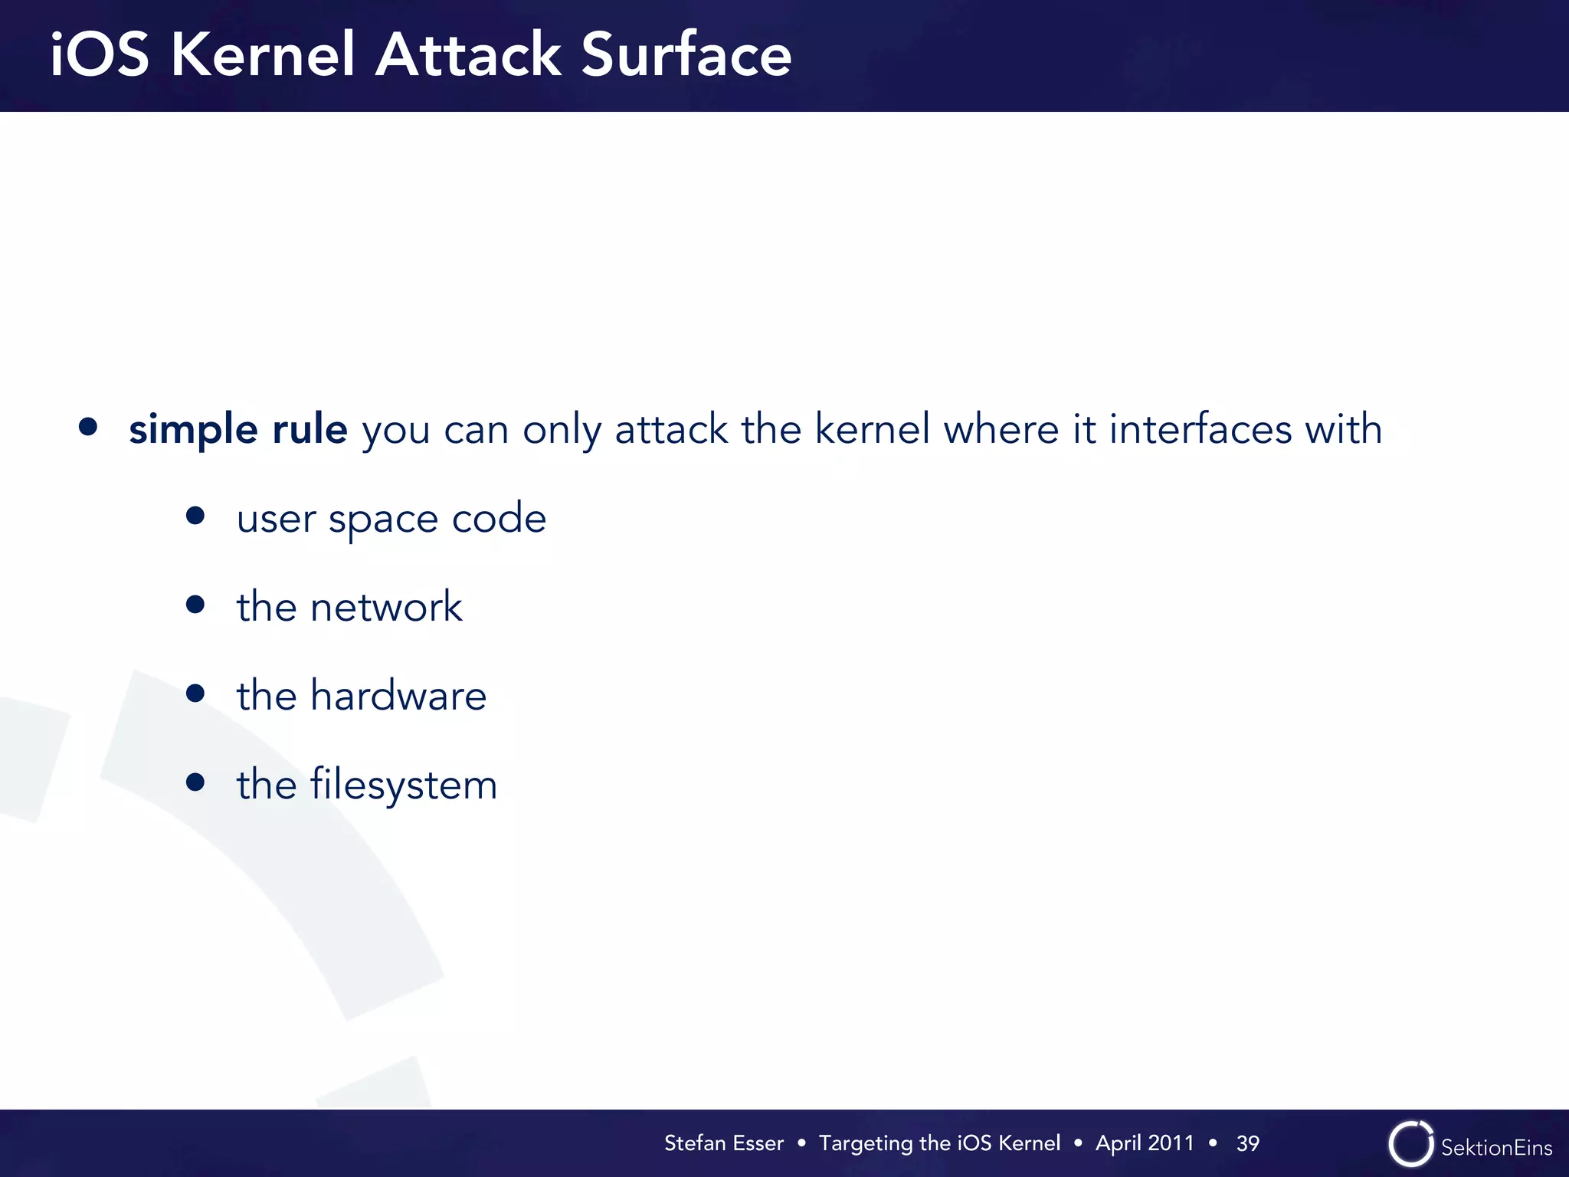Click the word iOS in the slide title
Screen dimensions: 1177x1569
click(x=100, y=55)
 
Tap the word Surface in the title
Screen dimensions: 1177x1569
click(x=686, y=55)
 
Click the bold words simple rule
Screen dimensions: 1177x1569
click(x=238, y=429)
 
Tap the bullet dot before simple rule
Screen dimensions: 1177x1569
click(x=88, y=427)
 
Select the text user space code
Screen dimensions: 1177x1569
click(x=391, y=520)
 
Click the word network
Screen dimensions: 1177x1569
click(x=386, y=608)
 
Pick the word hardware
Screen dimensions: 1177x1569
click(x=398, y=697)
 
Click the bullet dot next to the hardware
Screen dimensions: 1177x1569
click(x=195, y=693)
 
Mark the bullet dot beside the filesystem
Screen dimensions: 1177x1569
click(x=195, y=782)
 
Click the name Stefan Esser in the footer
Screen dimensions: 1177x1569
click(x=723, y=1143)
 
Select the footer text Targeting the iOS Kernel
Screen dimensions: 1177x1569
click(x=939, y=1143)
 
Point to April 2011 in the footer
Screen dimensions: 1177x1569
click(x=1145, y=1143)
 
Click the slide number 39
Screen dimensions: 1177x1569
click(x=1247, y=1143)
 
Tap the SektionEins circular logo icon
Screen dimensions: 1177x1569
click(x=1410, y=1144)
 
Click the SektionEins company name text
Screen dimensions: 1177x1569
click(x=1496, y=1148)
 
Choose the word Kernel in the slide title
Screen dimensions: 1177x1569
click(x=263, y=55)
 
